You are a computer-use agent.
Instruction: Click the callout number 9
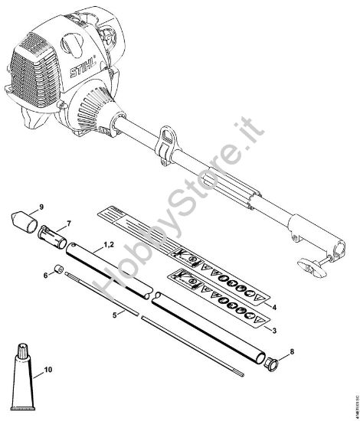pos(41,206)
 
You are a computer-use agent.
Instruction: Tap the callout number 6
pos(47,274)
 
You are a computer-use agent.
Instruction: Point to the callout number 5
pos(116,314)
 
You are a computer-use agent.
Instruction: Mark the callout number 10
pos(47,369)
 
